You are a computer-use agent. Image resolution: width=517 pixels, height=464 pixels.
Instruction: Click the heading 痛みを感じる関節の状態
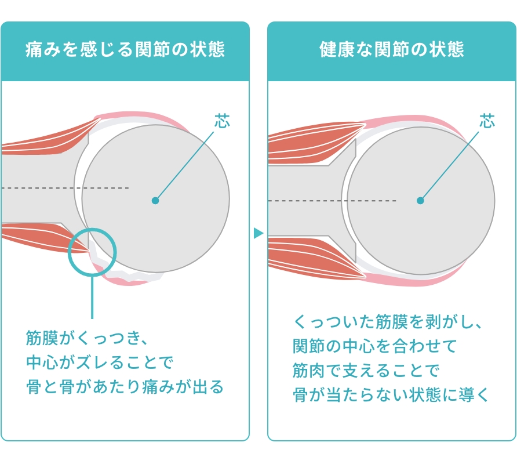coord(125,50)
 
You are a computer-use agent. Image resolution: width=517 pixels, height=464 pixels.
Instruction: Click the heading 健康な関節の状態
coord(392,50)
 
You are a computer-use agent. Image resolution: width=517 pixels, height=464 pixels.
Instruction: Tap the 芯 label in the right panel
coord(487,121)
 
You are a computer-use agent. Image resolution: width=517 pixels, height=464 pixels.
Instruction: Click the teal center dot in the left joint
coord(155,201)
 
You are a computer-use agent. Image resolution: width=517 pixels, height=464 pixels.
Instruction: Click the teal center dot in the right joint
coord(420,201)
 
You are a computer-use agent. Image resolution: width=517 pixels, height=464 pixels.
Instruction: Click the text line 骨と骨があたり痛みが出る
coord(125,387)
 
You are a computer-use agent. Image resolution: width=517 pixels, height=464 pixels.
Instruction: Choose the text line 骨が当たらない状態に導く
coord(392,396)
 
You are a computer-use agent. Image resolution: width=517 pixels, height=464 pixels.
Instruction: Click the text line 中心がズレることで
coord(100,362)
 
